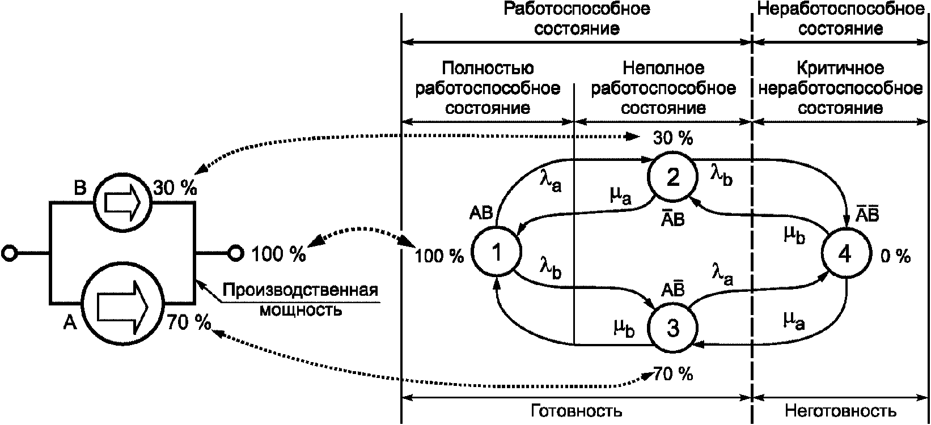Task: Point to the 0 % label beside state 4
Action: click(x=896, y=256)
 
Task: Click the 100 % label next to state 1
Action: click(x=439, y=256)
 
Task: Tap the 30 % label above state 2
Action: click(x=673, y=138)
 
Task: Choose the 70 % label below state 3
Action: click(x=674, y=374)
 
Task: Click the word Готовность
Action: click(x=577, y=411)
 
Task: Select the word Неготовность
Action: click(x=841, y=411)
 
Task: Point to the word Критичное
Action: click(x=840, y=69)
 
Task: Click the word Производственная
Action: click(x=301, y=290)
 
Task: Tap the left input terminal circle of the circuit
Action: click(x=9, y=253)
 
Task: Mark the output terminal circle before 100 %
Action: click(x=236, y=253)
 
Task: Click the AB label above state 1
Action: click(x=481, y=213)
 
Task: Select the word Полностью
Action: click(x=488, y=69)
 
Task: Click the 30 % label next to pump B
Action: click(x=175, y=188)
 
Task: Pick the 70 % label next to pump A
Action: click(x=189, y=322)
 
